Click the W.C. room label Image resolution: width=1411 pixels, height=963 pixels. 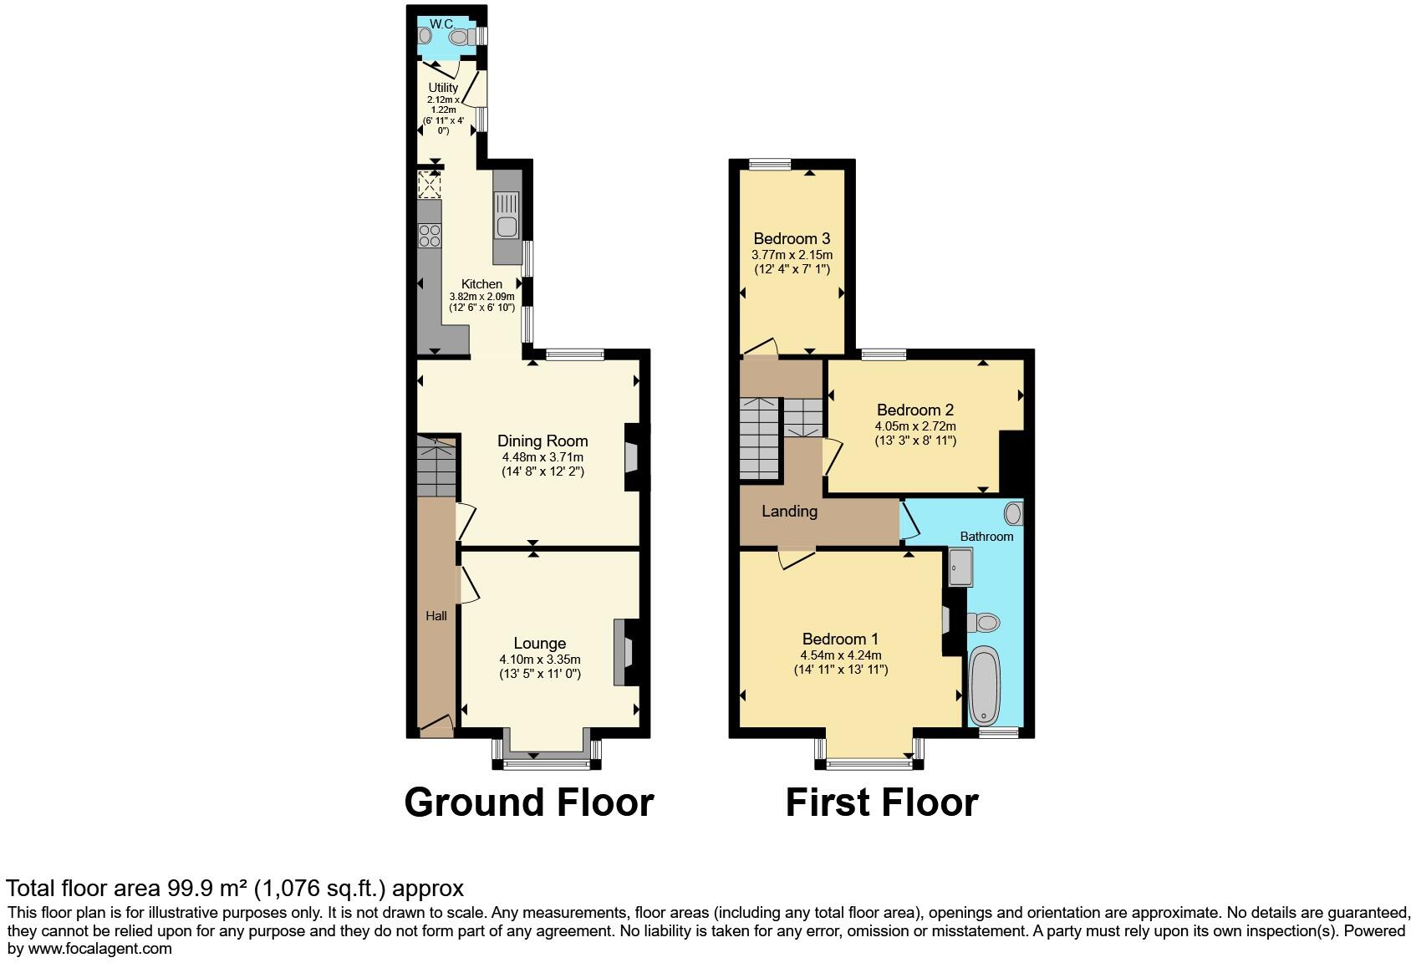click(x=442, y=24)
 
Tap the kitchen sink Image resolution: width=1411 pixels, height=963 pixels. click(x=507, y=216)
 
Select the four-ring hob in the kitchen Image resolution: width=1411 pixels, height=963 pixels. click(x=430, y=236)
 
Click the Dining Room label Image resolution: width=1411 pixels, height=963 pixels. click(x=542, y=441)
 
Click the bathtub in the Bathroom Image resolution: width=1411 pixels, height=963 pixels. click(x=984, y=685)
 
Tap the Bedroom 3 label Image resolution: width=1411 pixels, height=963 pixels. click(x=792, y=239)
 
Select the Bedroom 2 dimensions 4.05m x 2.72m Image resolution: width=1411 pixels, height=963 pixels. click(x=915, y=426)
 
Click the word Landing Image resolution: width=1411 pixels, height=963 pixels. click(x=789, y=511)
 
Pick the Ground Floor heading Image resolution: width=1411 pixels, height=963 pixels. click(x=529, y=802)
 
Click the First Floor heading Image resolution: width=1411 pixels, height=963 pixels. click(x=882, y=802)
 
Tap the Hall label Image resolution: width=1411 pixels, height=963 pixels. click(x=436, y=616)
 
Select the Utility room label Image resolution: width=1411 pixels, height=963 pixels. click(x=443, y=88)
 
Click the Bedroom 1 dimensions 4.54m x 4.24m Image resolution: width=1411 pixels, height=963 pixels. click(x=841, y=655)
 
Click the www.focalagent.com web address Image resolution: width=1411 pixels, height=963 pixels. click(x=99, y=949)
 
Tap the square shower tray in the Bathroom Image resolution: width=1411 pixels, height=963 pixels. click(x=960, y=567)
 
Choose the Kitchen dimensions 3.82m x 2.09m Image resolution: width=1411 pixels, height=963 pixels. click(x=481, y=297)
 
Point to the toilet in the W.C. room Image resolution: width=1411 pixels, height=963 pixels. click(x=461, y=37)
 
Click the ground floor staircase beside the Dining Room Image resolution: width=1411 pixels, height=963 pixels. click(x=436, y=466)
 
